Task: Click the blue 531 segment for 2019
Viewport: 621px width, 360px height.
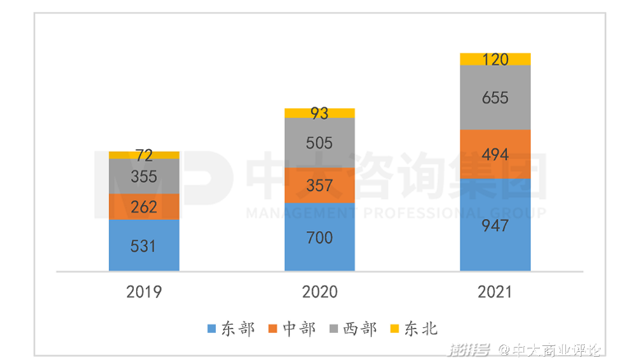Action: click(144, 245)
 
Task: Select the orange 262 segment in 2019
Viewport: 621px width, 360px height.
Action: click(144, 207)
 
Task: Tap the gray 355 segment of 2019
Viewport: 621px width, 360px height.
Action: click(144, 176)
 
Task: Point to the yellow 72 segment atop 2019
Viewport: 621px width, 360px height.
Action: click(144, 155)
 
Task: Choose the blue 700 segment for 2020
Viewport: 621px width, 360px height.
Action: click(320, 237)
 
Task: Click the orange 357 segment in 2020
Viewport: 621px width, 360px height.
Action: click(320, 185)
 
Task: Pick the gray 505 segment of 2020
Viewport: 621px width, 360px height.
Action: click(320, 143)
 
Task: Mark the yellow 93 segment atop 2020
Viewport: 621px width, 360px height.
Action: click(320, 113)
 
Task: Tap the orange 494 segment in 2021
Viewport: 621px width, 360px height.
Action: click(495, 153)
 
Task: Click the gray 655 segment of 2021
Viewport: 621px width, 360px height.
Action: click(495, 98)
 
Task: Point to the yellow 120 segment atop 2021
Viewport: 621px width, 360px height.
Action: click(495, 59)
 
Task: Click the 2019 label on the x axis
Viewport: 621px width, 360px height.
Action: click(144, 292)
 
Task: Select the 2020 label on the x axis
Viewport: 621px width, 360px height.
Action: click(320, 292)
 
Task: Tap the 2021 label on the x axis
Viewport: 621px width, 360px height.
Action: click(495, 292)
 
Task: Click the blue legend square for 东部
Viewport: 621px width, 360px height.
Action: click(212, 330)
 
